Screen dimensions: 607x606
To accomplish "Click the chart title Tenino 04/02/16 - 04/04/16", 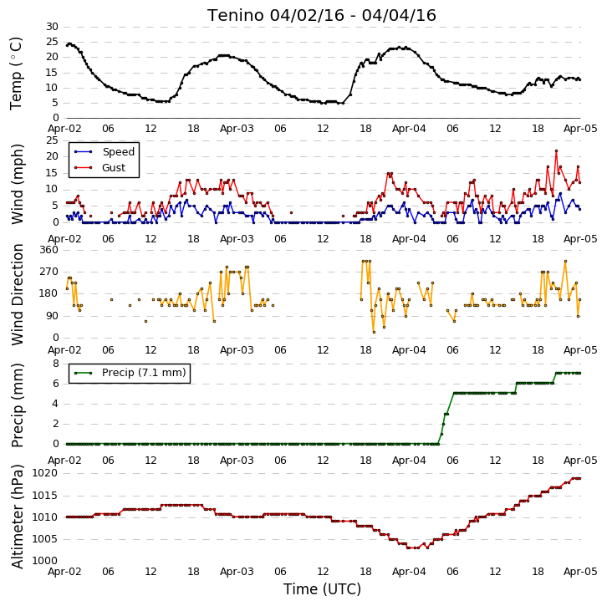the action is [322, 16].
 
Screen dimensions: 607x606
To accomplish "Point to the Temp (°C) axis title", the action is [16, 74].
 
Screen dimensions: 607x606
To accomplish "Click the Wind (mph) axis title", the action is [18, 184].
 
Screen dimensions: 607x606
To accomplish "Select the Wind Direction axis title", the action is [18, 294].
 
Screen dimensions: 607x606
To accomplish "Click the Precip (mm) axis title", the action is [18, 405].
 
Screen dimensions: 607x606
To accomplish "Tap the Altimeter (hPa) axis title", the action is [18, 517].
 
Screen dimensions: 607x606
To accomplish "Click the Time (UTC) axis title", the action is [322, 589].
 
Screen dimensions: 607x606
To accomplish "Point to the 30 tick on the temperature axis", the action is [52, 27].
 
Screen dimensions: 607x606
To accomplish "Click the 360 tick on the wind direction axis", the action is [48, 250].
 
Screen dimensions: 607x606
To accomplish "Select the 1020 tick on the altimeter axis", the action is [45, 473].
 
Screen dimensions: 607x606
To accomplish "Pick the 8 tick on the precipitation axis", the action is [56, 364].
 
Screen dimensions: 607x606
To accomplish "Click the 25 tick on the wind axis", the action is [52, 140].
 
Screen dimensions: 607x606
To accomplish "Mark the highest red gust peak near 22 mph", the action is [556, 151].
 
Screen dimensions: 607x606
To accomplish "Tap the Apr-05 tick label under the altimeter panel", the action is [580, 572].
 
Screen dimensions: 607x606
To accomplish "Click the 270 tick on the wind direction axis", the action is [48, 272].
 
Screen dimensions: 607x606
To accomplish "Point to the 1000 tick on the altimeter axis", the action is [45, 561].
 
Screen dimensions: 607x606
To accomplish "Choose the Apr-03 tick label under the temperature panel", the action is [237, 129].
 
